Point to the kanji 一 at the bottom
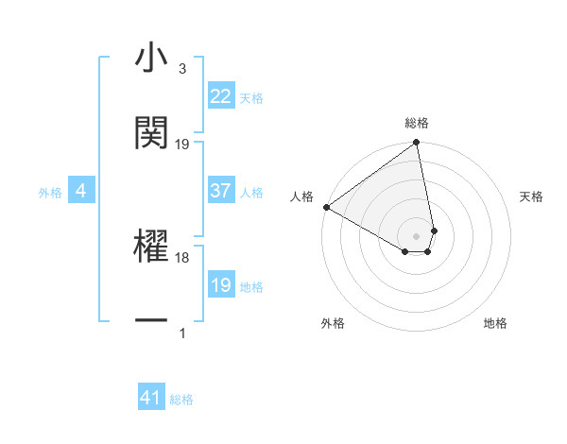[x=151, y=321]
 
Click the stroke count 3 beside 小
[x=181, y=69]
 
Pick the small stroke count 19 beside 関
[x=182, y=144]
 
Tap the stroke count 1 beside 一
[x=181, y=333]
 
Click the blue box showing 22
[x=220, y=96]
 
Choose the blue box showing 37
[x=220, y=192]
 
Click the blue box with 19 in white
[x=220, y=285]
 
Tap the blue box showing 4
[x=81, y=192]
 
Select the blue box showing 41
[x=151, y=398]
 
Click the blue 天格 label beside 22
[x=251, y=97]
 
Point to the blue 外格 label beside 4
[x=50, y=193]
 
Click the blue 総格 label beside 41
[x=181, y=400]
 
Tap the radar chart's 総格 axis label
[x=417, y=123]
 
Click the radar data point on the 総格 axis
[x=416, y=144]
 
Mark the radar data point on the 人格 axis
[x=326, y=207]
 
